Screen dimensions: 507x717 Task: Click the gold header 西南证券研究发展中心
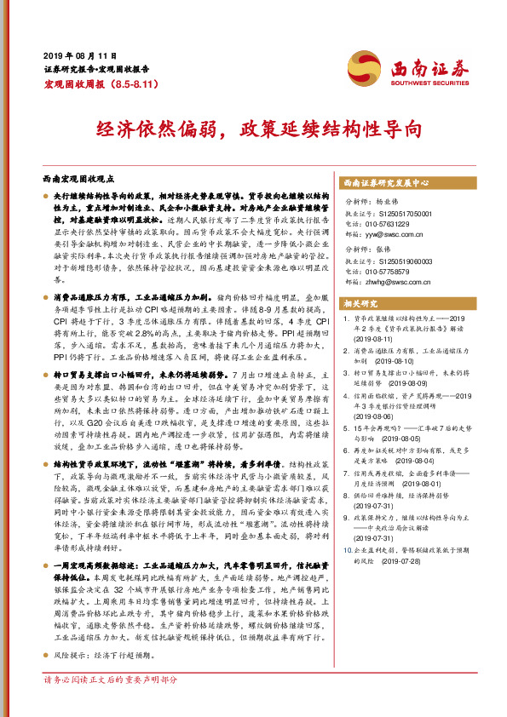click(385, 183)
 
